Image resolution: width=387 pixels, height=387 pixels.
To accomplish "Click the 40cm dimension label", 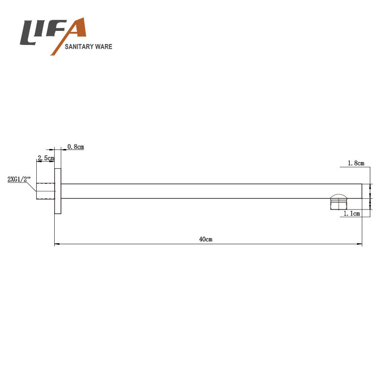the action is point(206,239).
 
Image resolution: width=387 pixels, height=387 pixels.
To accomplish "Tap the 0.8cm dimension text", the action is point(75,147).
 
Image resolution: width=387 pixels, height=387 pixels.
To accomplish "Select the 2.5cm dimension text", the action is point(46,158).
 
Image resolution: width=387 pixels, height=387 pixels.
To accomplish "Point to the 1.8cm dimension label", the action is point(356,163).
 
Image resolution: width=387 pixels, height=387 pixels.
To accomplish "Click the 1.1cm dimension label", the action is point(352,213).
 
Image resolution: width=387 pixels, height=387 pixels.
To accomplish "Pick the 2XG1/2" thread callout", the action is point(19,179).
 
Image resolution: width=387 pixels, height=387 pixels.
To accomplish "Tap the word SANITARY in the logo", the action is point(79,46).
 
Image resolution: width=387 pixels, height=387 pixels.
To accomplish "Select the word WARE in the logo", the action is point(104,46).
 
